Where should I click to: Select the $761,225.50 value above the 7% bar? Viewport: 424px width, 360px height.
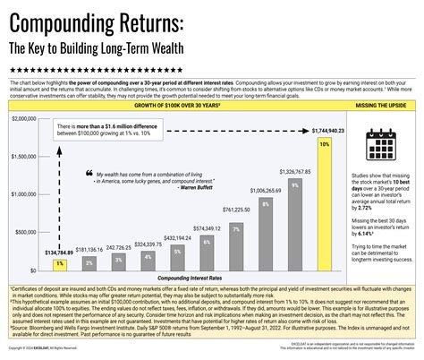coord(236,210)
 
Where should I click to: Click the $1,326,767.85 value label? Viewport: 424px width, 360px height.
coord(294,170)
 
